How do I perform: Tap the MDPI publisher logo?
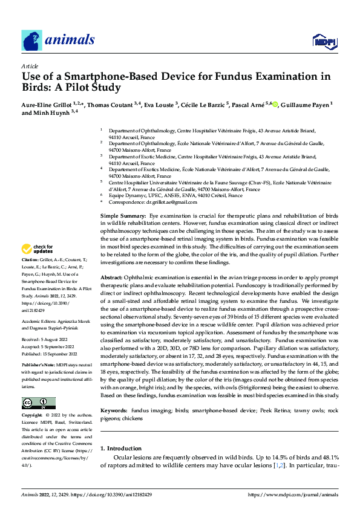[x=323, y=42]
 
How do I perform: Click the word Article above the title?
[x=29, y=66]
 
